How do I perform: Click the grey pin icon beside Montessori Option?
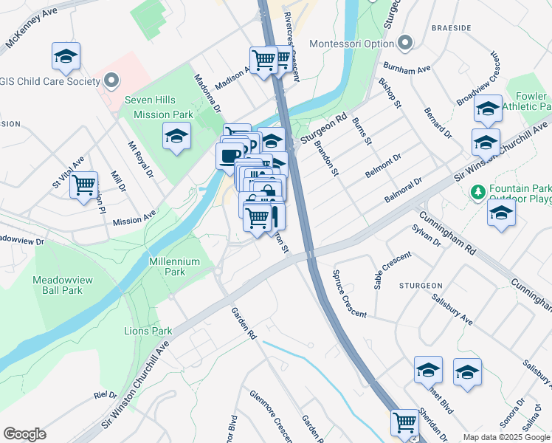tap(404, 44)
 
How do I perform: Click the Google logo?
tap(24, 434)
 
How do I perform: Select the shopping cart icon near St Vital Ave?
tap(84, 183)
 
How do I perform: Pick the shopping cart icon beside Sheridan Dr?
tap(404, 422)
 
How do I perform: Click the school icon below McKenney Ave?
tap(66, 56)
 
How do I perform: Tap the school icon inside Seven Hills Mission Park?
tap(176, 137)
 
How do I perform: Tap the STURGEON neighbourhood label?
tap(421, 285)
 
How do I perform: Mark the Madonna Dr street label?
tap(207, 92)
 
